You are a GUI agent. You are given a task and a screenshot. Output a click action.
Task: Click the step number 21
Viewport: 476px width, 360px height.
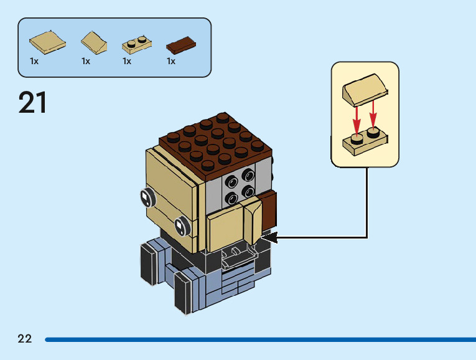[33, 103]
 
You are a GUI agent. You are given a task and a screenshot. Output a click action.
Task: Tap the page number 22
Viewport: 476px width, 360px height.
[25, 339]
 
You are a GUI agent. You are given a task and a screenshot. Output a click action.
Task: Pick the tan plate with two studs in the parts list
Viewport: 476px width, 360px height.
[138, 44]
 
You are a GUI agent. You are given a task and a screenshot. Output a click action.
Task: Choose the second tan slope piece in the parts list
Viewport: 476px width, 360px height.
[94, 42]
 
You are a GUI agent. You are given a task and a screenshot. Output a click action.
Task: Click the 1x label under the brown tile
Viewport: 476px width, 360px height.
[171, 61]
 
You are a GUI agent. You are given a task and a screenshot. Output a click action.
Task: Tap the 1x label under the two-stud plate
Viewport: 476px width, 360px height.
[127, 61]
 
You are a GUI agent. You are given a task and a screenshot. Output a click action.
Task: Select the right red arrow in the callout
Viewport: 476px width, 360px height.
[373, 113]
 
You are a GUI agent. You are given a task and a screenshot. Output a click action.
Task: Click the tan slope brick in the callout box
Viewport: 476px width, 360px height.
[365, 89]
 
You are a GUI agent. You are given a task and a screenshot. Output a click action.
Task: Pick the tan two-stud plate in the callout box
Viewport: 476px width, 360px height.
[365, 143]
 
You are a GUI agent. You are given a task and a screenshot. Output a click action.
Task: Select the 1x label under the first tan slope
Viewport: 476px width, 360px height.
[34, 61]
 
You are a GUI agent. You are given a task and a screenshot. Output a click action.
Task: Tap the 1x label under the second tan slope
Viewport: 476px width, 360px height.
[86, 61]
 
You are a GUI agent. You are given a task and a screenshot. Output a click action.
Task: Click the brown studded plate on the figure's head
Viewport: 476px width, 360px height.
[217, 143]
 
